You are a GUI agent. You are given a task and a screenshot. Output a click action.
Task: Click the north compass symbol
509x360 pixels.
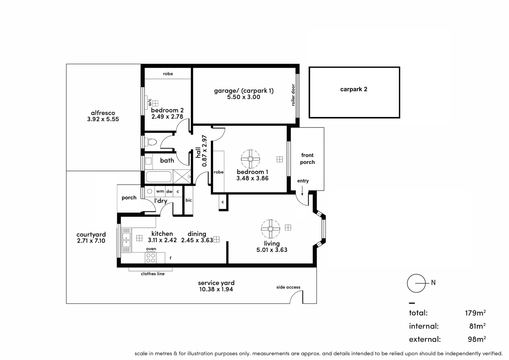pos(416,283)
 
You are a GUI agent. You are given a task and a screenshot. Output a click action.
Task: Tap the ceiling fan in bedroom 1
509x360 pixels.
pos(250,159)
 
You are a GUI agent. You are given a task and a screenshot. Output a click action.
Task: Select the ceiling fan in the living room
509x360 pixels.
pos(270,229)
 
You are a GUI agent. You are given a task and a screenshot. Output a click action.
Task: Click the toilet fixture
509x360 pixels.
pos(152,142)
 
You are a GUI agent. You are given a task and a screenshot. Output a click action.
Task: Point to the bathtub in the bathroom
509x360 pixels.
pos(159,177)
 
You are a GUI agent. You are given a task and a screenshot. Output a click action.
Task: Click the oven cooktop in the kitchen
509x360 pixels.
pos(151,258)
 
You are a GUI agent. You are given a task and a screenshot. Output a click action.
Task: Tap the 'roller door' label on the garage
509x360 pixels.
pos(293,95)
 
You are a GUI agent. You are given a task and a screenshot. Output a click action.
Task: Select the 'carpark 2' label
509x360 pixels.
pos(354,89)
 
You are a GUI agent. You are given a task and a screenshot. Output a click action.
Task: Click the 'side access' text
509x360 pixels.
pos(288,287)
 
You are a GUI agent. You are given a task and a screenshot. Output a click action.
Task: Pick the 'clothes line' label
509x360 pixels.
pos(152,274)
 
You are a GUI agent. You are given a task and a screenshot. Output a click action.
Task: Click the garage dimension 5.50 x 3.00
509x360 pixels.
pos(243,97)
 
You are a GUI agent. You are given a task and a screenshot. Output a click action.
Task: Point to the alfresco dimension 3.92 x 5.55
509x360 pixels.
pos(103,119)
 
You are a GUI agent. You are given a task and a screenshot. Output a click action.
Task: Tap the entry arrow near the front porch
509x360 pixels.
pos(302,191)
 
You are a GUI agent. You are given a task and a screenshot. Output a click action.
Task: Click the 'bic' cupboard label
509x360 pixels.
pos(189,200)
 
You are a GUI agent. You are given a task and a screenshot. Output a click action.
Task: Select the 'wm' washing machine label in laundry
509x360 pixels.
pos(160,191)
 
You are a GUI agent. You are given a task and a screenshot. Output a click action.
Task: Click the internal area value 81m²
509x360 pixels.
pos(477,326)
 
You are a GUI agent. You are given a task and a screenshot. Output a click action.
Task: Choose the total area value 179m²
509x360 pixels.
pos(475,313)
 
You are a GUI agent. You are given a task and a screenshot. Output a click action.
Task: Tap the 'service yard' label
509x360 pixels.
pos(216,283)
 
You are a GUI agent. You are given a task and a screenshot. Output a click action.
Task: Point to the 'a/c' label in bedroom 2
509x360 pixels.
pos(150,102)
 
